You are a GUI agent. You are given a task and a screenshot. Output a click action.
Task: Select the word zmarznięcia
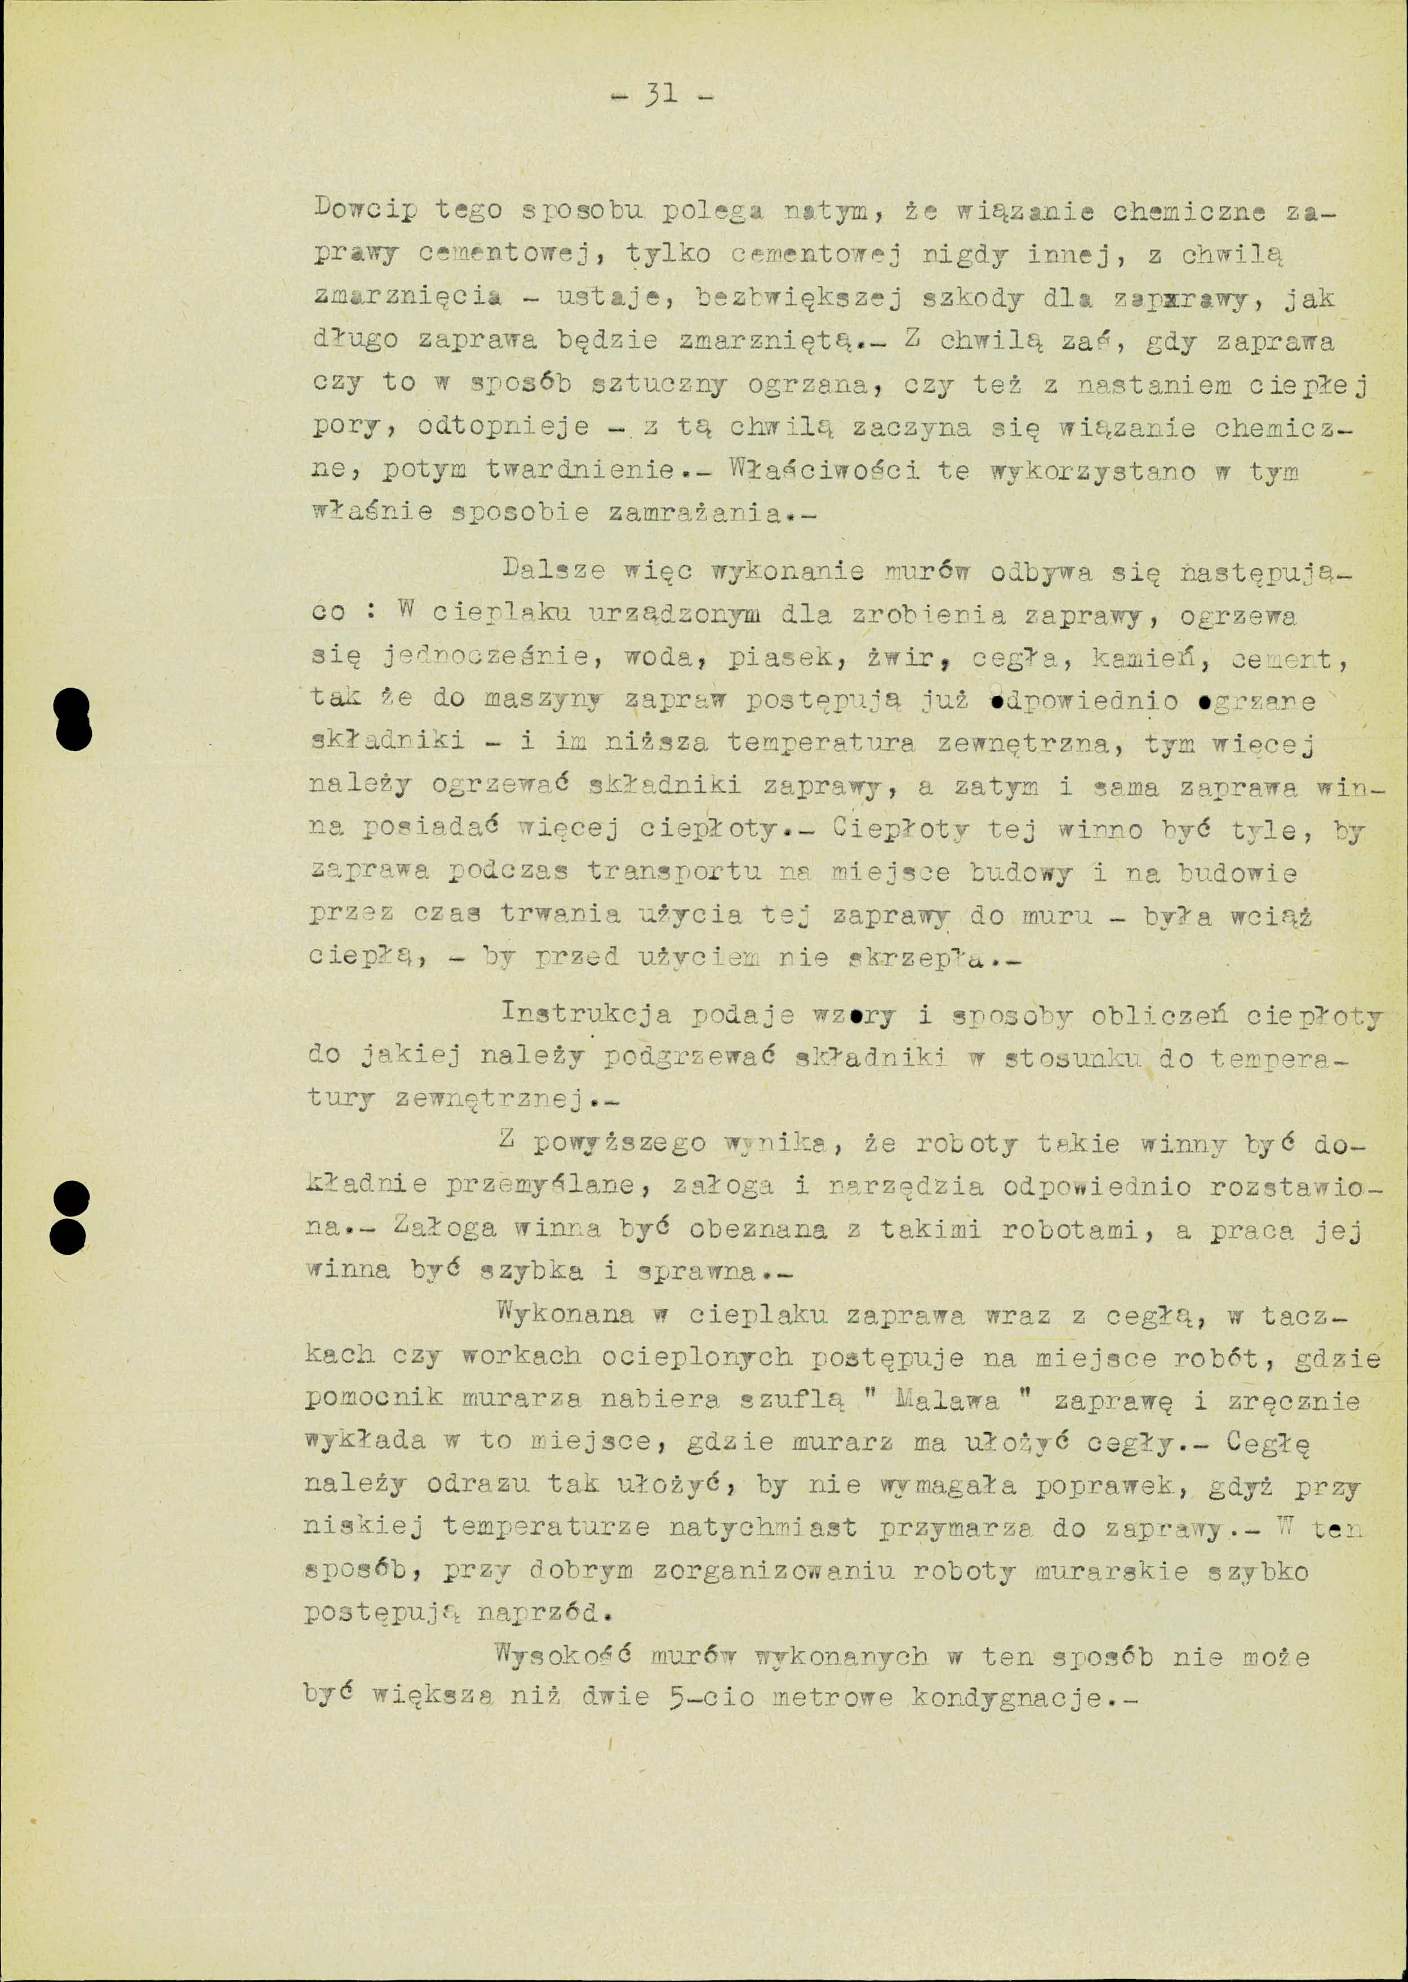tap(407, 298)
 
